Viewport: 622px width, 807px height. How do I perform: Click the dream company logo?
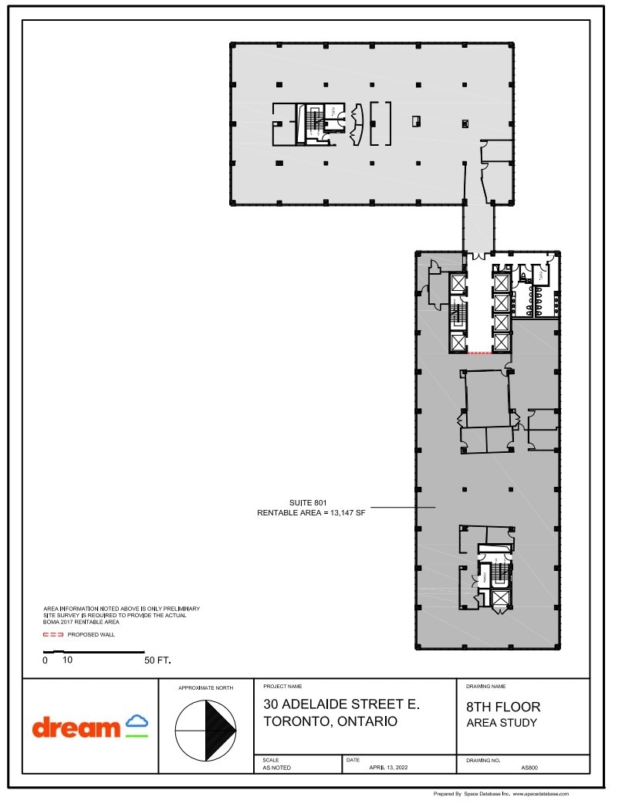point(90,727)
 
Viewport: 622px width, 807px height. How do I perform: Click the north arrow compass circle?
point(205,728)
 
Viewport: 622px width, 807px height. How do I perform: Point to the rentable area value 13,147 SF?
point(340,512)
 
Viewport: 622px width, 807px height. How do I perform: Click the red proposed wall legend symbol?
point(52,635)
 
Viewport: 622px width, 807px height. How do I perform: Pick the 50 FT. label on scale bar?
point(157,660)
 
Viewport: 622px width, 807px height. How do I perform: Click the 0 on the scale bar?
point(45,660)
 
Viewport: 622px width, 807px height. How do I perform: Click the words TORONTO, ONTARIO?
point(330,722)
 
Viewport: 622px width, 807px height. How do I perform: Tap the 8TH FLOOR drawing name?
point(503,707)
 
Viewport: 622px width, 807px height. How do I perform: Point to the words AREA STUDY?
point(502,723)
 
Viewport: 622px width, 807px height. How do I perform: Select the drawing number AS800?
point(529,768)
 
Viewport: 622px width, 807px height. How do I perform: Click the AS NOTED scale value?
point(277,768)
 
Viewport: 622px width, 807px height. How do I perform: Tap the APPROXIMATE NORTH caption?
point(205,687)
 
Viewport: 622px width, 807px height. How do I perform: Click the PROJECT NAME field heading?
point(282,685)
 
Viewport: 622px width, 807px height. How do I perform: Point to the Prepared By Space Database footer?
point(501,793)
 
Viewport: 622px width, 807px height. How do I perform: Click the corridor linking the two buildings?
point(478,228)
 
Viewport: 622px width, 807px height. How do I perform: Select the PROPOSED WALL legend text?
point(91,635)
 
